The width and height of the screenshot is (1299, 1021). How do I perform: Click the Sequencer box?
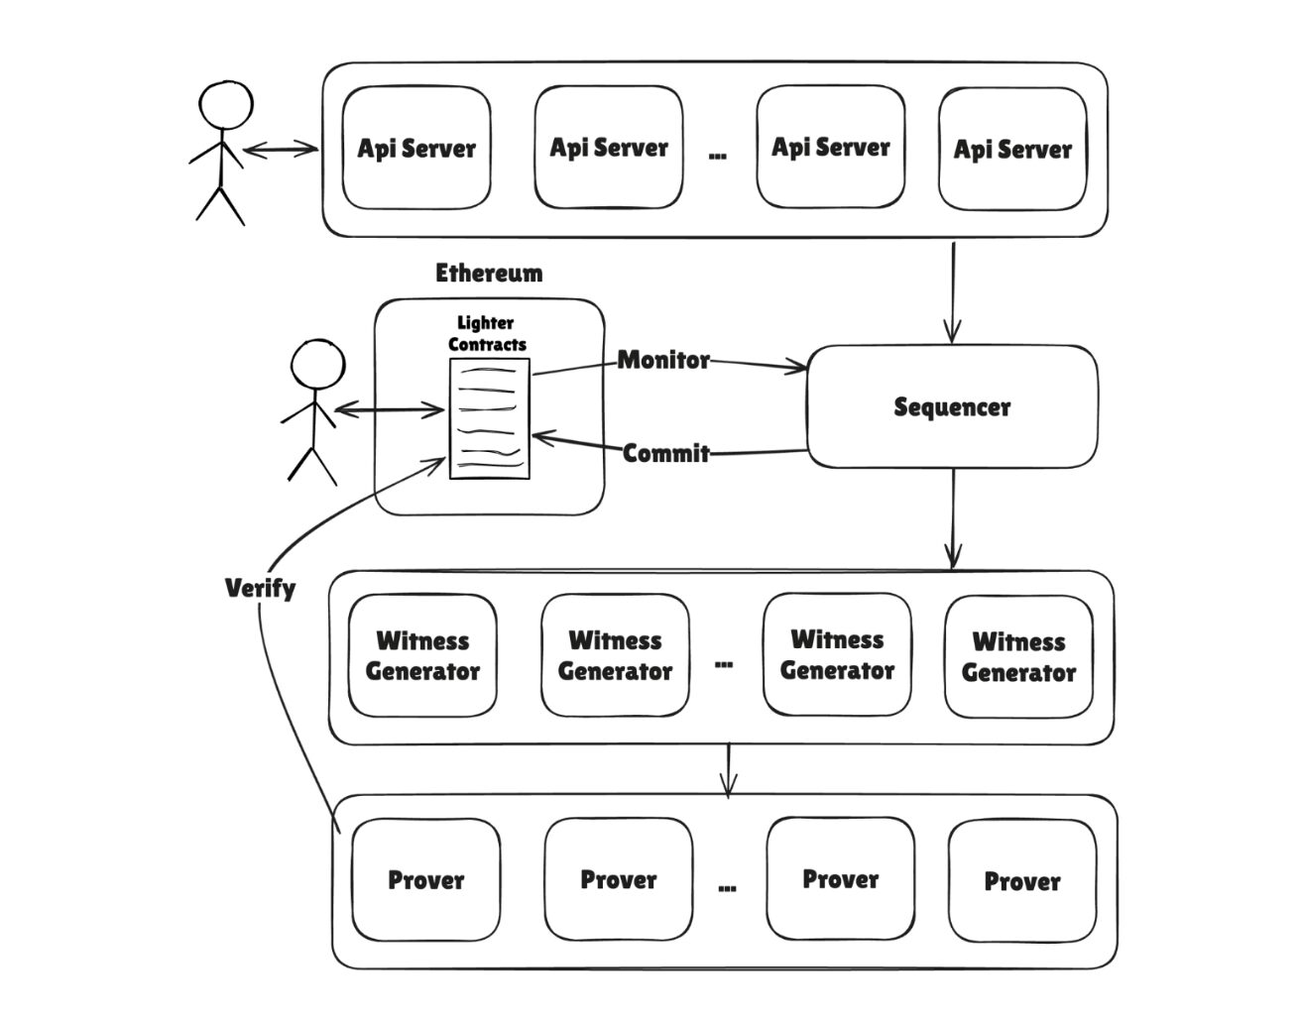952,406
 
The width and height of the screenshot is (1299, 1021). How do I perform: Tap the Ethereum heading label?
489,273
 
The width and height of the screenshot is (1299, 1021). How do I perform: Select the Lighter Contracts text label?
486,334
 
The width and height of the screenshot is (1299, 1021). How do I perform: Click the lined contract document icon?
489,418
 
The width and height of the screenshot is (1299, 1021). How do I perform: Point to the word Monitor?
663,360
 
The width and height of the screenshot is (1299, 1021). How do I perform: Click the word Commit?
666,453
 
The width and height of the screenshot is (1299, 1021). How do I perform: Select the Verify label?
260,588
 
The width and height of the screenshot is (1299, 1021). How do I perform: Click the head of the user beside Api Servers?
225,105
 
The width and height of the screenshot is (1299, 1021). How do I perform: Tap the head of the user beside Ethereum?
317,366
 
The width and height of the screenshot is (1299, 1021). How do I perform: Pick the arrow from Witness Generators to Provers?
729,769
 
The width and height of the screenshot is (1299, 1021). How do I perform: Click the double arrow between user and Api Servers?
281,150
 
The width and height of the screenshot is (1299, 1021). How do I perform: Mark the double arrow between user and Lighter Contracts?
390,409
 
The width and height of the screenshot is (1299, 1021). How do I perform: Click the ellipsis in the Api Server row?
718,155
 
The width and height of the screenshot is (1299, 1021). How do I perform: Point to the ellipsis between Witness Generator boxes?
724,663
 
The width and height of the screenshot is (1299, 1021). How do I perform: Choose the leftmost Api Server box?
416,149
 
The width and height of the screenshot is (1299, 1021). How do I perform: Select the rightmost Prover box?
1022,880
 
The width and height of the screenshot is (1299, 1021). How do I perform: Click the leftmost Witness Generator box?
422,655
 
